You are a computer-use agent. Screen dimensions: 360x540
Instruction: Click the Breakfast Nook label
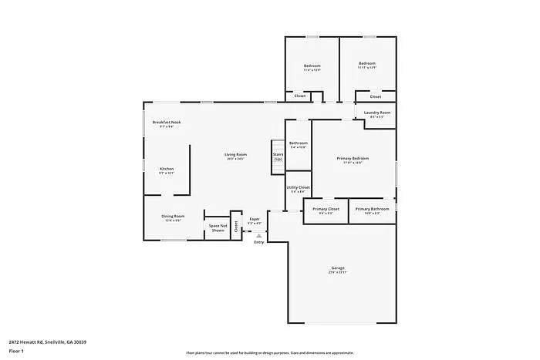166,123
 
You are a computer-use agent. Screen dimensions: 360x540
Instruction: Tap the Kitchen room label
167,170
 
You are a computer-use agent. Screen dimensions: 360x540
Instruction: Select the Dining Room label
173,217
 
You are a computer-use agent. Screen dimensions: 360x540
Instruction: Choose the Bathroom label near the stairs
299,143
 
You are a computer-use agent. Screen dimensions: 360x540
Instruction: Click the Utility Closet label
299,188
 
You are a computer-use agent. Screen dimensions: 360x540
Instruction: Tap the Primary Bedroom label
353,159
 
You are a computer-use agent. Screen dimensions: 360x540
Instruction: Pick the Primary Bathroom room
372,210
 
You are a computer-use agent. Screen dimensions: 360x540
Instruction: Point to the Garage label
338,269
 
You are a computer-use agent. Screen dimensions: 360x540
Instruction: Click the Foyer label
255,220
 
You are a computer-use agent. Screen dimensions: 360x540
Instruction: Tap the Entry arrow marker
258,235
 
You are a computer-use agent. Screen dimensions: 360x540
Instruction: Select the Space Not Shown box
218,227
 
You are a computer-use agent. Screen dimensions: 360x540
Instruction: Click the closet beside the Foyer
236,227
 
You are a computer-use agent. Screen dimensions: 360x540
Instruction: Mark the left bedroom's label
312,66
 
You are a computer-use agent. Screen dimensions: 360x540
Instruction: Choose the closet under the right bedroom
375,96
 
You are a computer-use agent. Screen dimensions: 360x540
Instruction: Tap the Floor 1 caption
17,351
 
